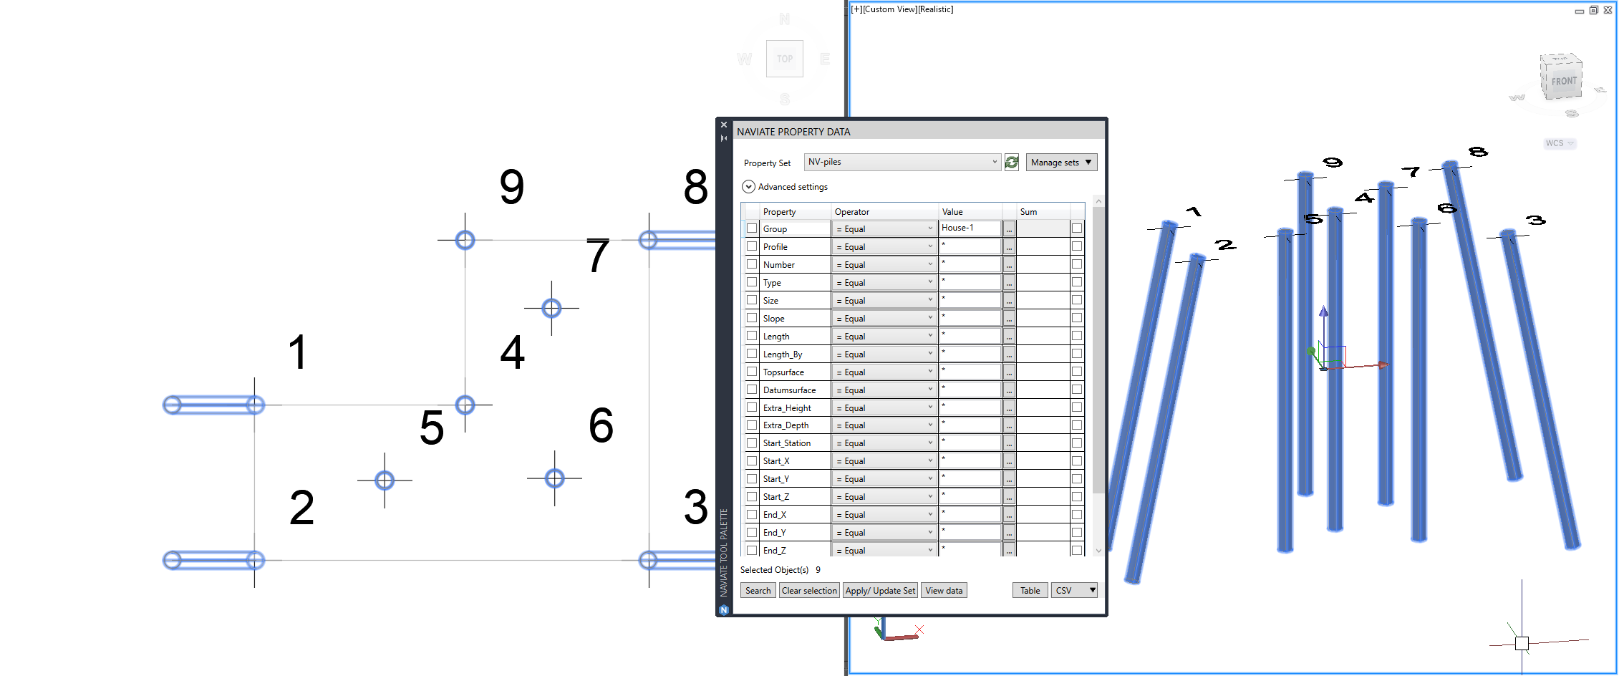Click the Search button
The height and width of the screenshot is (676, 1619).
pos(758,591)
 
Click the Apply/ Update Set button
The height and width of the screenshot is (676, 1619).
pos(880,591)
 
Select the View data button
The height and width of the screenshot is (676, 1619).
pos(944,591)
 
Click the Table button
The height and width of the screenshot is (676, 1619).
pos(1030,591)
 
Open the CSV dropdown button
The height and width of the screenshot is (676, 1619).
pos(1074,591)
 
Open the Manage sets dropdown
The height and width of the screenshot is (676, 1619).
pos(1061,163)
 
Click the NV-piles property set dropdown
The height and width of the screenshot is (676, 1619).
pos(902,162)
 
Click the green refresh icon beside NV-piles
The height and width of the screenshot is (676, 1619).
pos(1012,163)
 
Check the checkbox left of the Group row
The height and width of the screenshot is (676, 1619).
pos(752,228)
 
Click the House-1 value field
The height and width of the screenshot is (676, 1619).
pos(970,228)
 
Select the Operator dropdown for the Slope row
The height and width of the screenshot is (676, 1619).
pos(885,318)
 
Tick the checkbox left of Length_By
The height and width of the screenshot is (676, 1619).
pos(752,354)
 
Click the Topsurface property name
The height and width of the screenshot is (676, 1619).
pos(783,372)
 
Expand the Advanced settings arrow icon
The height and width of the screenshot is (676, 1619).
pos(748,186)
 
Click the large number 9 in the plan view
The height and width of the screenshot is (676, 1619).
pos(512,187)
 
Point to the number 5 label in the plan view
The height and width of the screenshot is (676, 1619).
pos(432,428)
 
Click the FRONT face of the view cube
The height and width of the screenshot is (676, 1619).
pos(1564,81)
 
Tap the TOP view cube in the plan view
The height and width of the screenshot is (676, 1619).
pos(785,59)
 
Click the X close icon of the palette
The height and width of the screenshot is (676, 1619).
pos(724,125)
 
